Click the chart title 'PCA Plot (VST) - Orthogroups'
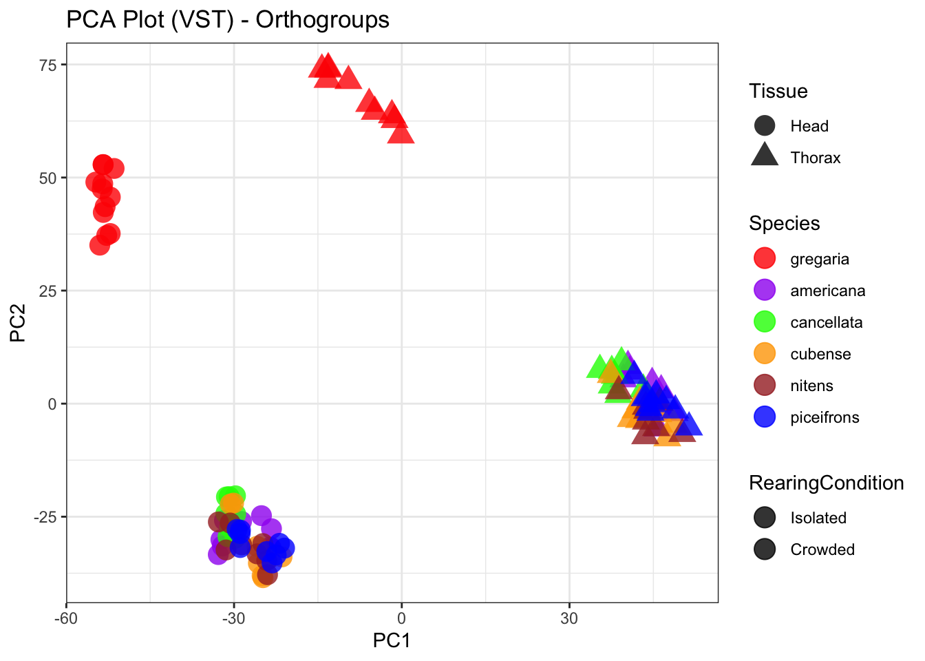point(228,20)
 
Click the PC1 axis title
point(392,641)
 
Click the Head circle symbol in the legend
point(765,126)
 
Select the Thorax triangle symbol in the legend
point(765,156)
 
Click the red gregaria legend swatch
point(765,259)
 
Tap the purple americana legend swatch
point(765,291)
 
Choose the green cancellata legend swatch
point(765,322)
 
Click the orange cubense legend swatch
point(765,354)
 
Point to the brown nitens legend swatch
point(765,386)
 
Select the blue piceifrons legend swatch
point(765,417)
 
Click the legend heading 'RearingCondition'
point(826,483)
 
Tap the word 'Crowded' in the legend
point(822,549)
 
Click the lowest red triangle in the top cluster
point(401,134)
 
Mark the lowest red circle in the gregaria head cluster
point(100,244)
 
